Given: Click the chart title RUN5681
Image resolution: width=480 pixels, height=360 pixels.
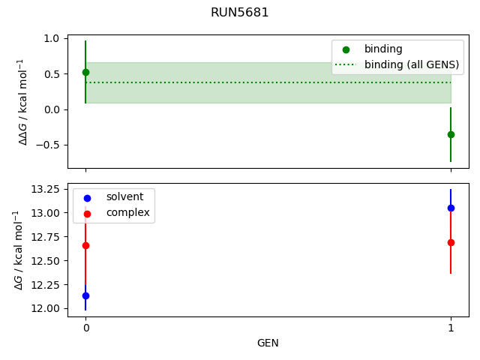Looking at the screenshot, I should point(239,12).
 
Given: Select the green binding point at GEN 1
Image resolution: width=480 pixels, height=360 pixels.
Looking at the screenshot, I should point(451,134).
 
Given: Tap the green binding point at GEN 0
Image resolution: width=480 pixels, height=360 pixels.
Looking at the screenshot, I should point(85,72).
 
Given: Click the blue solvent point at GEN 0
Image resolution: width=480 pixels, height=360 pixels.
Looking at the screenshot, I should point(85,295).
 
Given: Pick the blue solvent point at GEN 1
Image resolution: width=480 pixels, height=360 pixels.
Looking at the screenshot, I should point(451,208).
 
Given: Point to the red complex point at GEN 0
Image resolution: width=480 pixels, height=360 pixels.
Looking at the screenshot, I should point(85,245).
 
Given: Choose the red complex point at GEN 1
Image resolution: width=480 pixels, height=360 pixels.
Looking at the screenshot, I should point(451,242).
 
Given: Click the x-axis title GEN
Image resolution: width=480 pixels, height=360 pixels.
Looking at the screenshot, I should point(268,343).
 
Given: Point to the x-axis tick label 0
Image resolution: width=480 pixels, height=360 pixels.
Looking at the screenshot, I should point(85,328).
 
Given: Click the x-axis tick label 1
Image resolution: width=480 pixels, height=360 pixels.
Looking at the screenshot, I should point(451,328).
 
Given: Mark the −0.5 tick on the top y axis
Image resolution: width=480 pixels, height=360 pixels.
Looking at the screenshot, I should point(49,145).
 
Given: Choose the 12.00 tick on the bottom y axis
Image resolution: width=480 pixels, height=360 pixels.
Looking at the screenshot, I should point(46,308).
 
